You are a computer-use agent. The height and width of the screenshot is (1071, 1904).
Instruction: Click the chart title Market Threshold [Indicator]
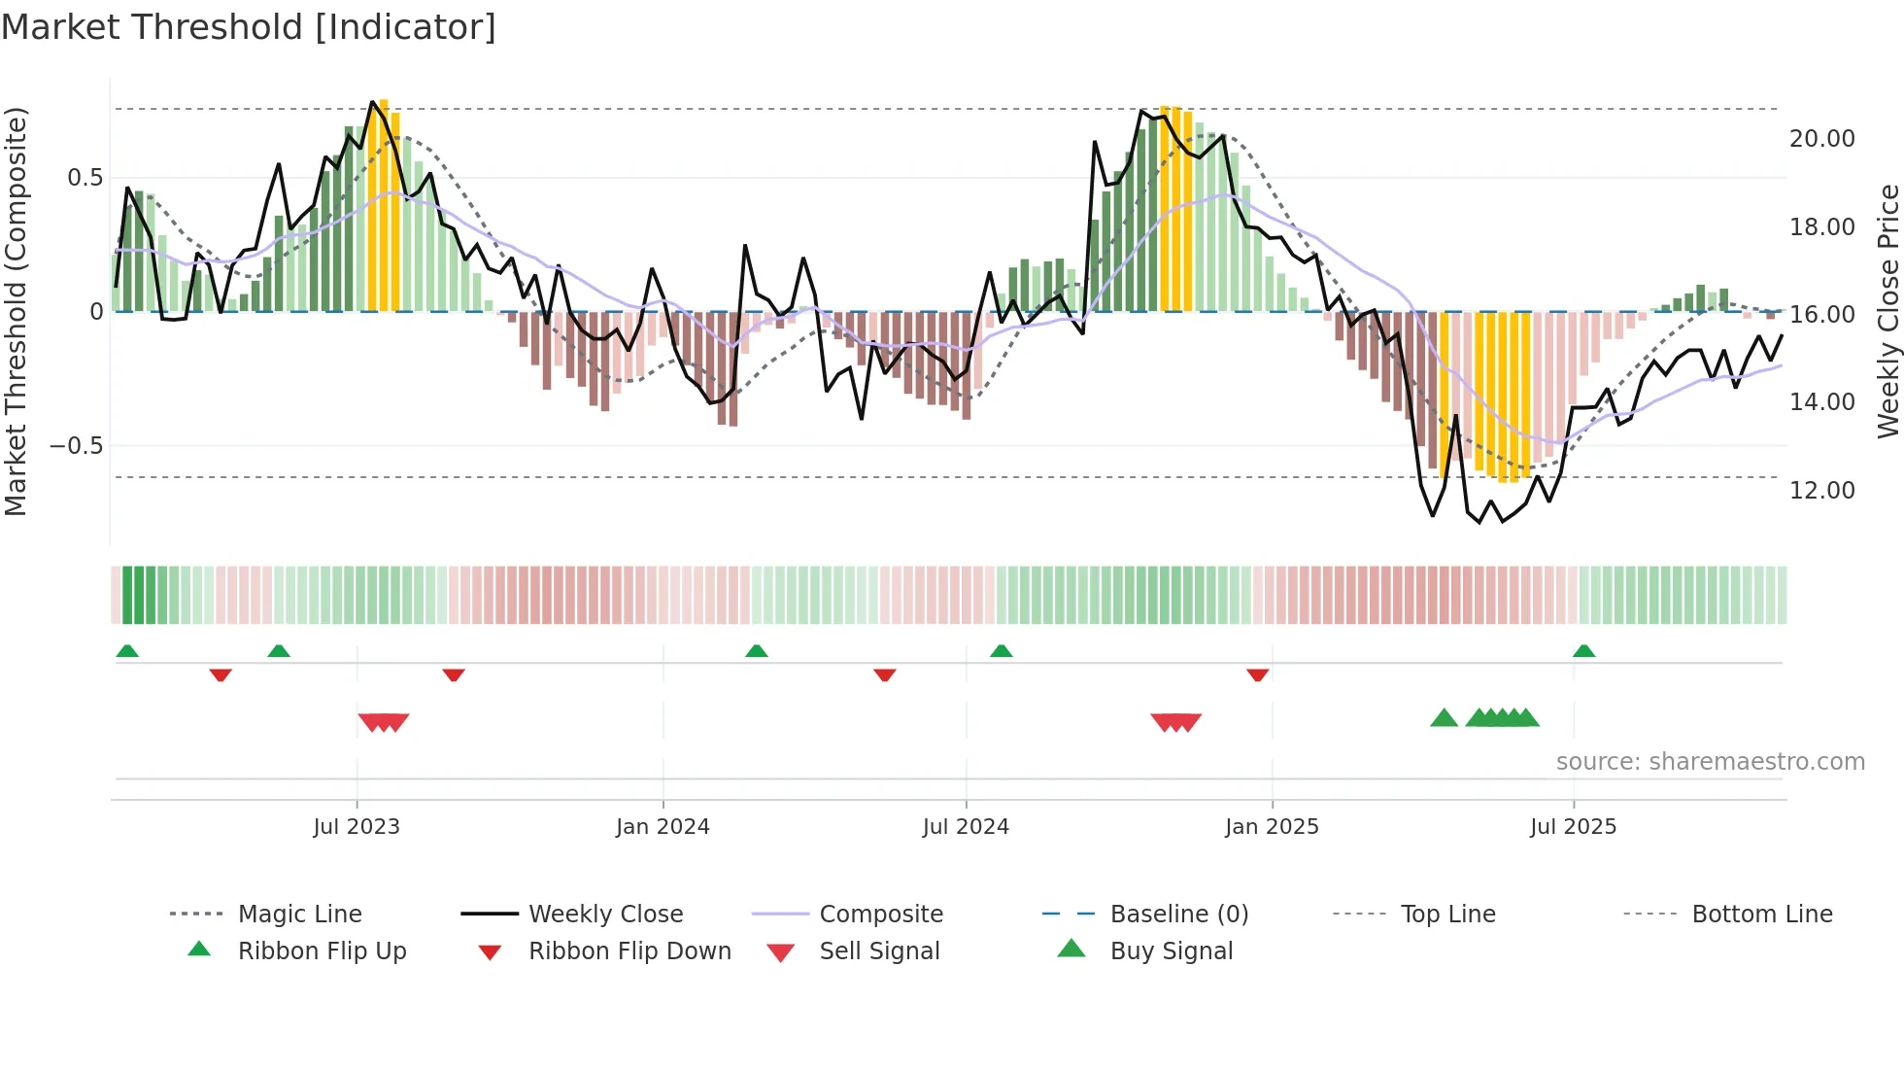point(249,27)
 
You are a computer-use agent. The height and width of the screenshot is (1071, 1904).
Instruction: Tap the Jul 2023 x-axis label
point(357,827)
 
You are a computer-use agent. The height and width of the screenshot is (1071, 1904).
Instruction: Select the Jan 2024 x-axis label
point(663,827)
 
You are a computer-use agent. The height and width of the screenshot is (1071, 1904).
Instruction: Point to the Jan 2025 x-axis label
point(1272,827)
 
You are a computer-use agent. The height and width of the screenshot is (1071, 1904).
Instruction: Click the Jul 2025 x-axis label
point(1573,827)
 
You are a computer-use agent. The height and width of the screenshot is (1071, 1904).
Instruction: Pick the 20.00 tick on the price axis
point(1821,139)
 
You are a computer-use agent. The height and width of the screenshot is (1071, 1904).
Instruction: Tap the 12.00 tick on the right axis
point(1821,491)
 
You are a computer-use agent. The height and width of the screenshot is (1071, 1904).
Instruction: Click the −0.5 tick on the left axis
point(76,446)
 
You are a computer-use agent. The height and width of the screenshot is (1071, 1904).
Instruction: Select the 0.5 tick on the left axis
point(85,178)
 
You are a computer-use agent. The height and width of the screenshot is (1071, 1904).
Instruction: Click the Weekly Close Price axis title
point(1887,311)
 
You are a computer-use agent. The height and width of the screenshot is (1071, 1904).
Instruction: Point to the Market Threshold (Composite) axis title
point(16,311)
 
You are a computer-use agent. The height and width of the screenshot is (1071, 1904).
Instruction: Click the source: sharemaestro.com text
point(1710,762)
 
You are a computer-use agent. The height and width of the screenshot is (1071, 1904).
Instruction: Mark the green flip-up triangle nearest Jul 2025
point(1583,651)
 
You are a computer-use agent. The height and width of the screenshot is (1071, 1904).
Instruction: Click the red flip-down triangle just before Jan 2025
point(1257,674)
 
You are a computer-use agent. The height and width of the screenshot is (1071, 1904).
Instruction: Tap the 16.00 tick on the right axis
point(1821,315)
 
